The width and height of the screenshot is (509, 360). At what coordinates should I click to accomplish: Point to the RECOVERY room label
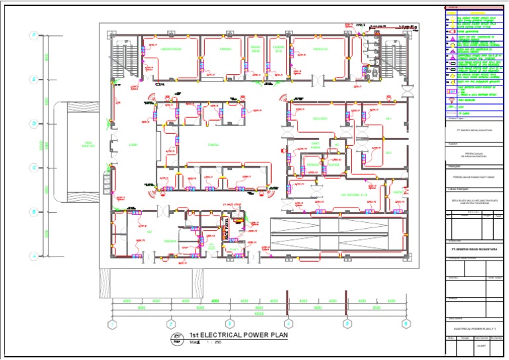tap(321, 119)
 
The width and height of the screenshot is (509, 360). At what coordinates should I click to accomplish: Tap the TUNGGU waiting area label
tap(213, 143)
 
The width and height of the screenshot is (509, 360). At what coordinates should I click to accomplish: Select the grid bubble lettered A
tap(31, 255)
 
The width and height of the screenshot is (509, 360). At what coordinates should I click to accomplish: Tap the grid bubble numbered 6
tap(405, 324)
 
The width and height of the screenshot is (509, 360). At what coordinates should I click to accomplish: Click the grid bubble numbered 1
tap(113, 324)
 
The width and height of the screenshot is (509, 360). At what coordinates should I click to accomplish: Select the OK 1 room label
tap(389, 119)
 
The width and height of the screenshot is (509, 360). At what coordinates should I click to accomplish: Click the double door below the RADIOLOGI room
tap(319, 81)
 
